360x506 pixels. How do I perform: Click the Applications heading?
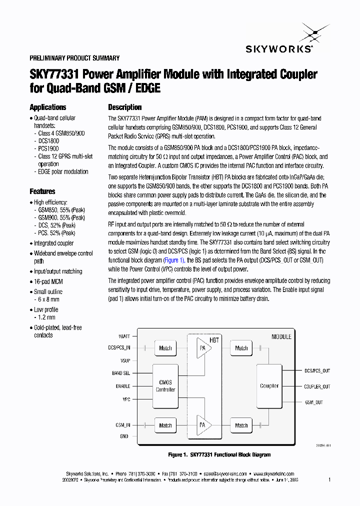[x=48, y=107]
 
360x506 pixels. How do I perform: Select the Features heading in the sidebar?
[x=42, y=191]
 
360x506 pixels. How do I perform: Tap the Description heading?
[x=125, y=107]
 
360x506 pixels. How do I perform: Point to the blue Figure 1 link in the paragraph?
[x=174, y=260]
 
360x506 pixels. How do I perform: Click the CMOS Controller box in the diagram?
[x=165, y=386]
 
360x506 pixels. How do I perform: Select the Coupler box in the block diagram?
[x=269, y=385]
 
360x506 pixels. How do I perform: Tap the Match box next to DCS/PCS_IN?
[x=165, y=348]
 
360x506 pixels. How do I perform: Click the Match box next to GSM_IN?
[x=165, y=425]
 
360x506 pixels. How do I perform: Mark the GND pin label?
[x=124, y=436]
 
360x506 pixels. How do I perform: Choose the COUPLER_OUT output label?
[x=317, y=386]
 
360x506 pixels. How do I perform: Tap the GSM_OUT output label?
[x=313, y=402]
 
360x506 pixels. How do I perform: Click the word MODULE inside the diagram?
[x=281, y=336]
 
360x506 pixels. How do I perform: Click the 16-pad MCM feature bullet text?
[x=48, y=281]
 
